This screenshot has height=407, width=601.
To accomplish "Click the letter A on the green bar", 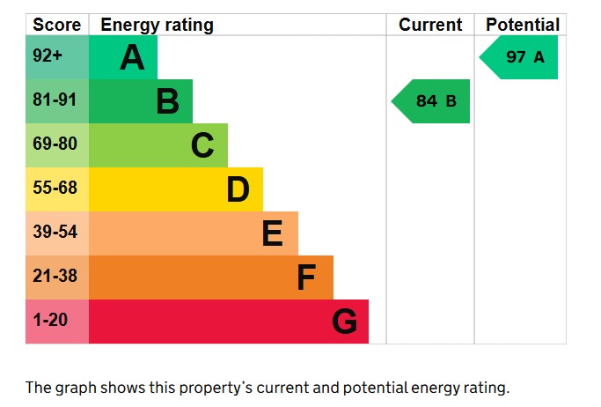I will (132, 58).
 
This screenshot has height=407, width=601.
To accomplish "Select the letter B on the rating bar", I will (167, 102).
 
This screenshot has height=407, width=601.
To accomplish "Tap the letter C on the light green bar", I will (202, 145).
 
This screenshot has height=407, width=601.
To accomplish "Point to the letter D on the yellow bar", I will (238, 189).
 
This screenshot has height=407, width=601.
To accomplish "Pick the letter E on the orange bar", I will (272, 233).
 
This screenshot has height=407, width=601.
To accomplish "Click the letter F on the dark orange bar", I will (306, 277).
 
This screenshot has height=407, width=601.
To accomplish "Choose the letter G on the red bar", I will (345, 322).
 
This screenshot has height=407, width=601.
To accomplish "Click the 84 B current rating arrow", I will (432, 101).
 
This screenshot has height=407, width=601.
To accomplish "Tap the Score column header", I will (56, 25).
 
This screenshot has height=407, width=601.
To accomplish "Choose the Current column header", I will (430, 25).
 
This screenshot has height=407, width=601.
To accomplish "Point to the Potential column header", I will (522, 25).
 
